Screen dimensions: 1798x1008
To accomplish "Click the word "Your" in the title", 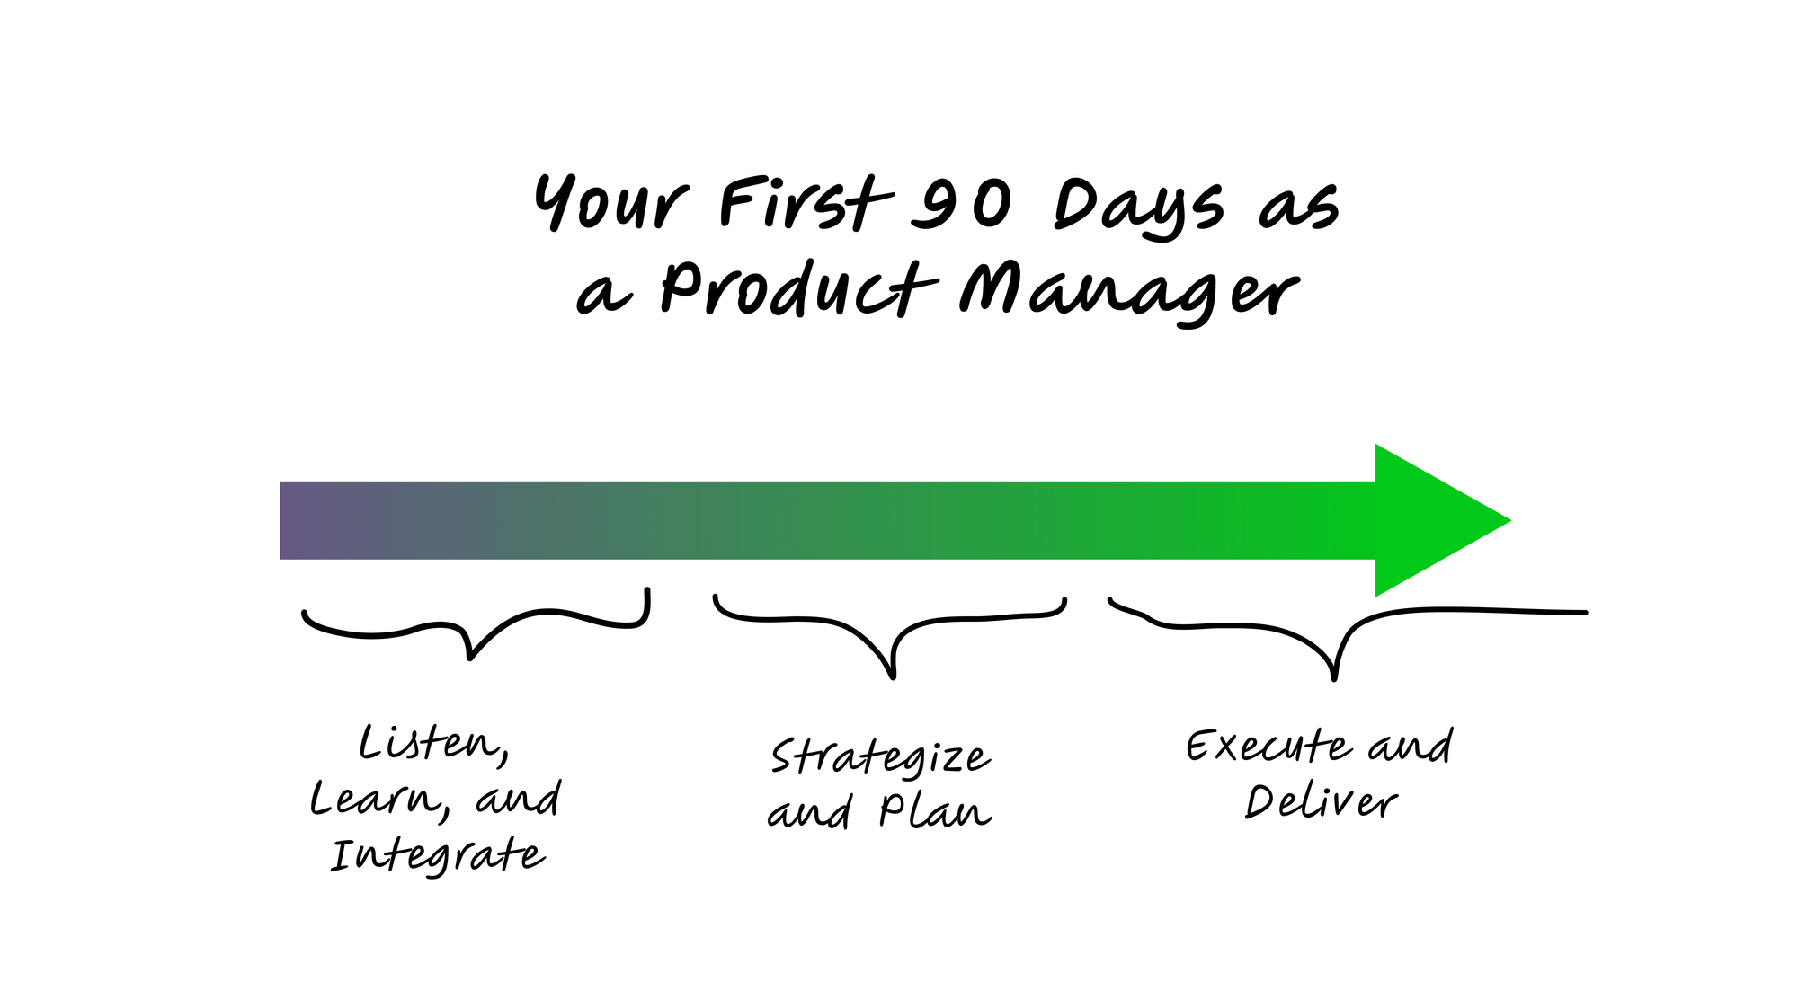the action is pyautogui.click(x=611, y=203).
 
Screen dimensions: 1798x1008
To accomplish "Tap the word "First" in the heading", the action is pyautogui.click(x=806, y=203).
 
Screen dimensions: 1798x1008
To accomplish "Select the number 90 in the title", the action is pyautogui.click(x=961, y=204).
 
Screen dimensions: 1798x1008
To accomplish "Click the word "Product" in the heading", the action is pyautogui.click(x=799, y=288).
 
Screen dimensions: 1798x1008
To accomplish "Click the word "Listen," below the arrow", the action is pyautogui.click(x=434, y=745).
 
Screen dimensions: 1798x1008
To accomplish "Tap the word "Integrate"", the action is pyautogui.click(x=438, y=855).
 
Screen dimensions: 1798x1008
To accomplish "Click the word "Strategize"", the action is pyautogui.click(x=881, y=756).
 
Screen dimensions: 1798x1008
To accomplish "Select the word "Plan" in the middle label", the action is pyautogui.click(x=935, y=811).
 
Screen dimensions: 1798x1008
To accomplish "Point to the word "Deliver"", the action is pyautogui.click(x=1322, y=801).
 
